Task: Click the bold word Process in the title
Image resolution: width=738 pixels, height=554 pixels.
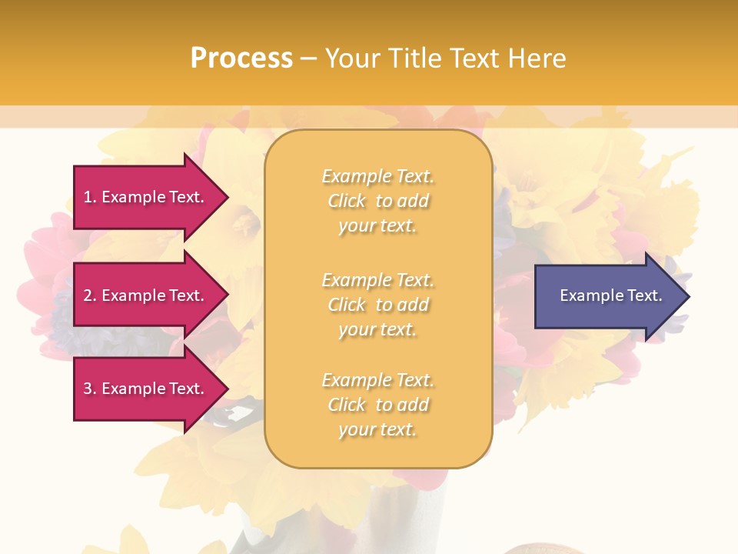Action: (241, 58)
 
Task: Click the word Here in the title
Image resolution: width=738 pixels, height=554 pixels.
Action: (535, 58)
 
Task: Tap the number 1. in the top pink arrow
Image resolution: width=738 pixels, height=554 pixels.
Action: (90, 197)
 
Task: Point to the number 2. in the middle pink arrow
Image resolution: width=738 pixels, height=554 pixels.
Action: (90, 295)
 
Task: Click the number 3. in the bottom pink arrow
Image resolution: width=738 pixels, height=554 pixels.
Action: (90, 389)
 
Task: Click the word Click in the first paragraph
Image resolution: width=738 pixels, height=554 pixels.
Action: (347, 201)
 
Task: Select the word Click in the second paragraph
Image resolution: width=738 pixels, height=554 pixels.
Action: (347, 305)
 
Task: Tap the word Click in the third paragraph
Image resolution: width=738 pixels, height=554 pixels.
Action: (347, 405)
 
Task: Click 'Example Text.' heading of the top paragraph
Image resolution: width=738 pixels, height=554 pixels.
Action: (377, 176)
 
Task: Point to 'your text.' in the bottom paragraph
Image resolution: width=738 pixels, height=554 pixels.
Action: (377, 429)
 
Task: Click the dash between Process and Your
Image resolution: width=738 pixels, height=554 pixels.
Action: (308, 58)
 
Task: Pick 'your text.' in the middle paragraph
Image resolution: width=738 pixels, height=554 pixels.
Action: (377, 329)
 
